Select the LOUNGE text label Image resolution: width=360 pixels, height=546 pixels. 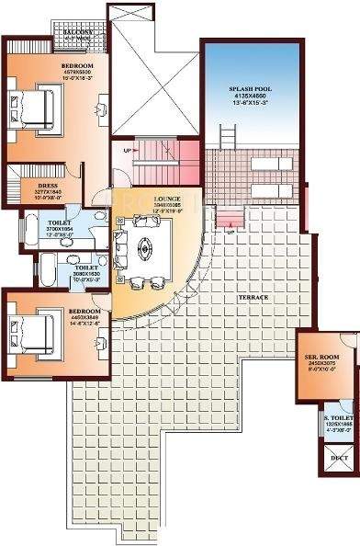pyautogui.click(x=166, y=198)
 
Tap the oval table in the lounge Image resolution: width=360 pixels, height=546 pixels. pyautogui.click(x=145, y=245)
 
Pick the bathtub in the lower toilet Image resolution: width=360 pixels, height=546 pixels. pyautogui.click(x=41, y=270)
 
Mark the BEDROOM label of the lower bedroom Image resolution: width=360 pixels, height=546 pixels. pyautogui.click(x=72, y=311)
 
